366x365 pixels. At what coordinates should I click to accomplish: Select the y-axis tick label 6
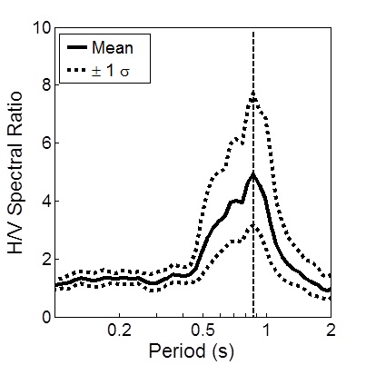click(43, 143)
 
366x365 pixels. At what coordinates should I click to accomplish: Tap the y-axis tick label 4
click(43, 201)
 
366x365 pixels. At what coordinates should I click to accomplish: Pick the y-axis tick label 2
click(43, 259)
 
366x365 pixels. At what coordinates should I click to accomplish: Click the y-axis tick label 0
click(43, 317)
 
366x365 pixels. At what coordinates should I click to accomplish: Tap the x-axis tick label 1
click(266, 332)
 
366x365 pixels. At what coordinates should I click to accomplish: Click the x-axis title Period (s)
click(193, 351)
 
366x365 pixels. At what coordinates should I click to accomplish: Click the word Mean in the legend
click(119, 45)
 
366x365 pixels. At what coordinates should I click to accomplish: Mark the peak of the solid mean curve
click(252, 173)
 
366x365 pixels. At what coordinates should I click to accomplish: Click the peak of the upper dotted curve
click(253, 93)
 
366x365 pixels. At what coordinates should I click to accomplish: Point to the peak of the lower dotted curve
click(253, 224)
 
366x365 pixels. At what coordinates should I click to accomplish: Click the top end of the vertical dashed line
click(252, 32)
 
